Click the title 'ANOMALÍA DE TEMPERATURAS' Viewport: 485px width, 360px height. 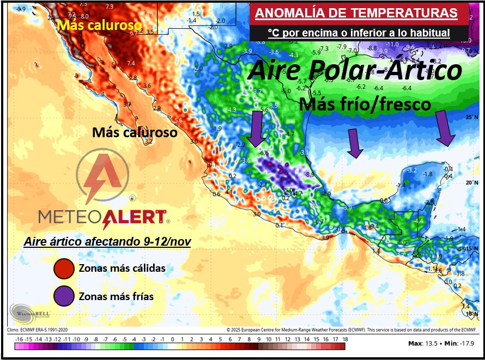[356, 13]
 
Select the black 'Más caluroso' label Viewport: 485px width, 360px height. [135, 132]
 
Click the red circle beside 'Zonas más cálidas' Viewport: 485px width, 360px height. [64, 269]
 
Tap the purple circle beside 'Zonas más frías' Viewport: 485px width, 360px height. [64, 296]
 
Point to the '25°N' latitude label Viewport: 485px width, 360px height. [470, 117]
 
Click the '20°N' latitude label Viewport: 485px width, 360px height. [470, 182]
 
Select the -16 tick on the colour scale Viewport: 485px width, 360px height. [20, 339]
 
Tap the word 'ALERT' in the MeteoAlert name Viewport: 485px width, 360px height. [135, 217]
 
